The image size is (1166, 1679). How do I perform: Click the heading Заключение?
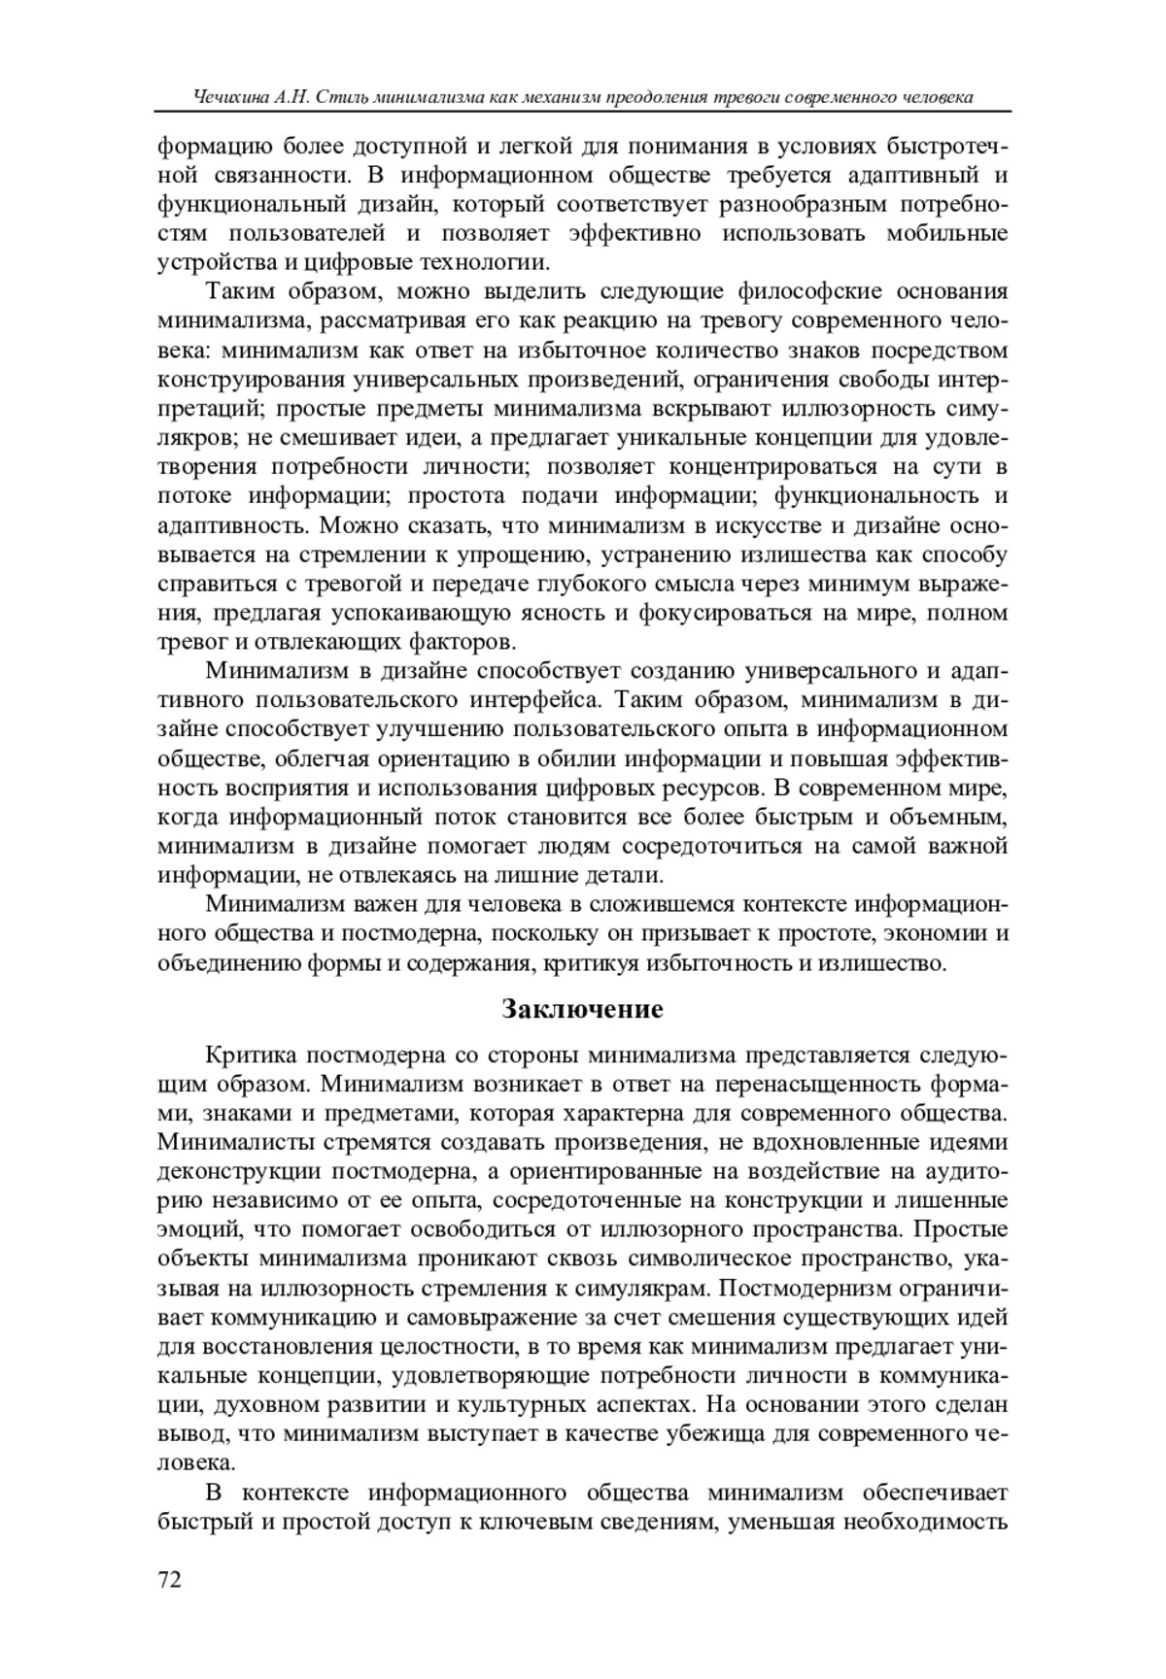(x=582, y=1010)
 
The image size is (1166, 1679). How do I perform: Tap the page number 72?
(x=169, y=1580)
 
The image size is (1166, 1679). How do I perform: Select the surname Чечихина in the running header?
(x=230, y=99)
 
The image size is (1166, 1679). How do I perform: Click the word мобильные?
(x=946, y=233)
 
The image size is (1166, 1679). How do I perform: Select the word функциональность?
(x=876, y=496)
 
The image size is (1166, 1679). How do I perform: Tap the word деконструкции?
(x=237, y=1172)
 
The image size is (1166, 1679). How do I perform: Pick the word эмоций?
(x=198, y=1230)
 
